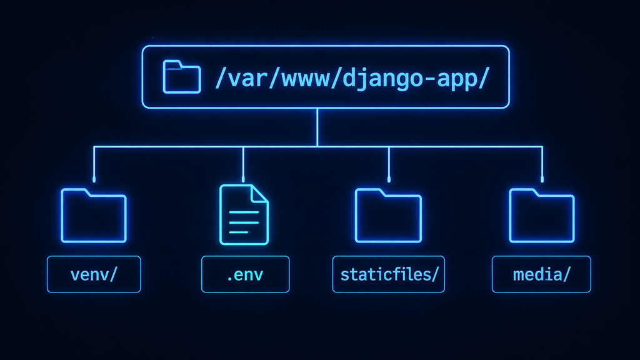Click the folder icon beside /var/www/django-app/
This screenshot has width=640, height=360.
[x=182, y=77]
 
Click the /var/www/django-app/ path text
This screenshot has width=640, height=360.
[x=352, y=77]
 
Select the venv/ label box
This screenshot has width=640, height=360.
[x=94, y=274]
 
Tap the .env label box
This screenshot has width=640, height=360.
[x=245, y=274]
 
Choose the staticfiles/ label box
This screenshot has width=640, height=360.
[x=389, y=274]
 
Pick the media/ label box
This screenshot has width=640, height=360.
[x=541, y=274]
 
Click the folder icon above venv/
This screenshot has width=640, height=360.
[x=94, y=216]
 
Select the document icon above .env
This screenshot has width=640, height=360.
[x=244, y=215]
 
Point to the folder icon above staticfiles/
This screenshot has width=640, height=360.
[x=388, y=216]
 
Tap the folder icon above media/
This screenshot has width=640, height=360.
[x=542, y=216]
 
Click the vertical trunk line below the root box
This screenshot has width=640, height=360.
[x=317, y=127]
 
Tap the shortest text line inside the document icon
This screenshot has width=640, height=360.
[x=239, y=232]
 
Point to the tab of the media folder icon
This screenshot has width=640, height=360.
[x=523, y=192]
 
